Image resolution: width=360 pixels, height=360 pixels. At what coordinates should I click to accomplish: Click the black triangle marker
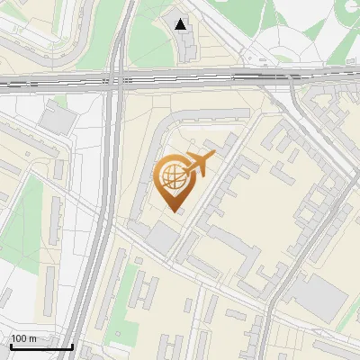182,24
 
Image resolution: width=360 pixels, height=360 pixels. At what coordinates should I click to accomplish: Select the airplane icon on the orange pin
200,164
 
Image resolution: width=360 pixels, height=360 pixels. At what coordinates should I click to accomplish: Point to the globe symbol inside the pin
171,177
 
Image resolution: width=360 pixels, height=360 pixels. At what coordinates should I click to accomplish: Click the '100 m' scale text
23,338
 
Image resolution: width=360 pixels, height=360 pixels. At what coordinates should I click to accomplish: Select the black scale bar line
40,347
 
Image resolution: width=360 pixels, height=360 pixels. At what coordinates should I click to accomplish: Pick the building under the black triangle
183,42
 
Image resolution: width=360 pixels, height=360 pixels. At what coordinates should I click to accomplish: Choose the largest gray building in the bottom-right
320,298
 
